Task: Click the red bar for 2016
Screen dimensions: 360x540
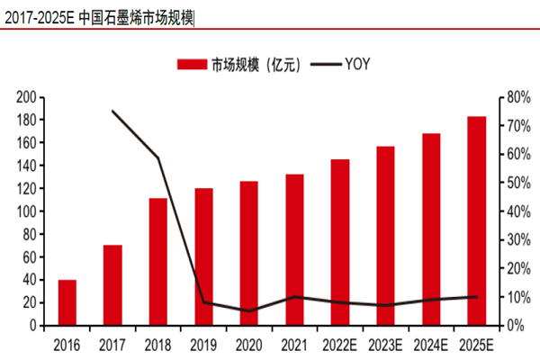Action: coord(67,302)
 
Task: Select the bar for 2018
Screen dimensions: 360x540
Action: coord(158,262)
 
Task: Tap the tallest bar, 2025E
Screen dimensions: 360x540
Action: coord(477,221)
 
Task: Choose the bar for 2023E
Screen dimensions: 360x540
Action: coord(385,236)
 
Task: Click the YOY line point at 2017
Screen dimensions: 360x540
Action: coord(112,111)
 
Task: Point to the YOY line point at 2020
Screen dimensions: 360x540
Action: coord(249,311)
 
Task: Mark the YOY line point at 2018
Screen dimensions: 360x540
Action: coord(158,158)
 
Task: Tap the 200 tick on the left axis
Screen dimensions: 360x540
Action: coord(26,97)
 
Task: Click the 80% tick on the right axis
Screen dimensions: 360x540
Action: coord(514,97)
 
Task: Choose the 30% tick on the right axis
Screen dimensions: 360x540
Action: coord(514,239)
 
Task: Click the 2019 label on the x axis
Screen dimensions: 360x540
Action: coord(203,345)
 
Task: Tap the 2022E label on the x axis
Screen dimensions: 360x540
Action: coord(340,345)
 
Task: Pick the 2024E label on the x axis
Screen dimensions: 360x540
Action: coord(431,345)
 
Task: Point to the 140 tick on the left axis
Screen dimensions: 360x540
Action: coord(26,166)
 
